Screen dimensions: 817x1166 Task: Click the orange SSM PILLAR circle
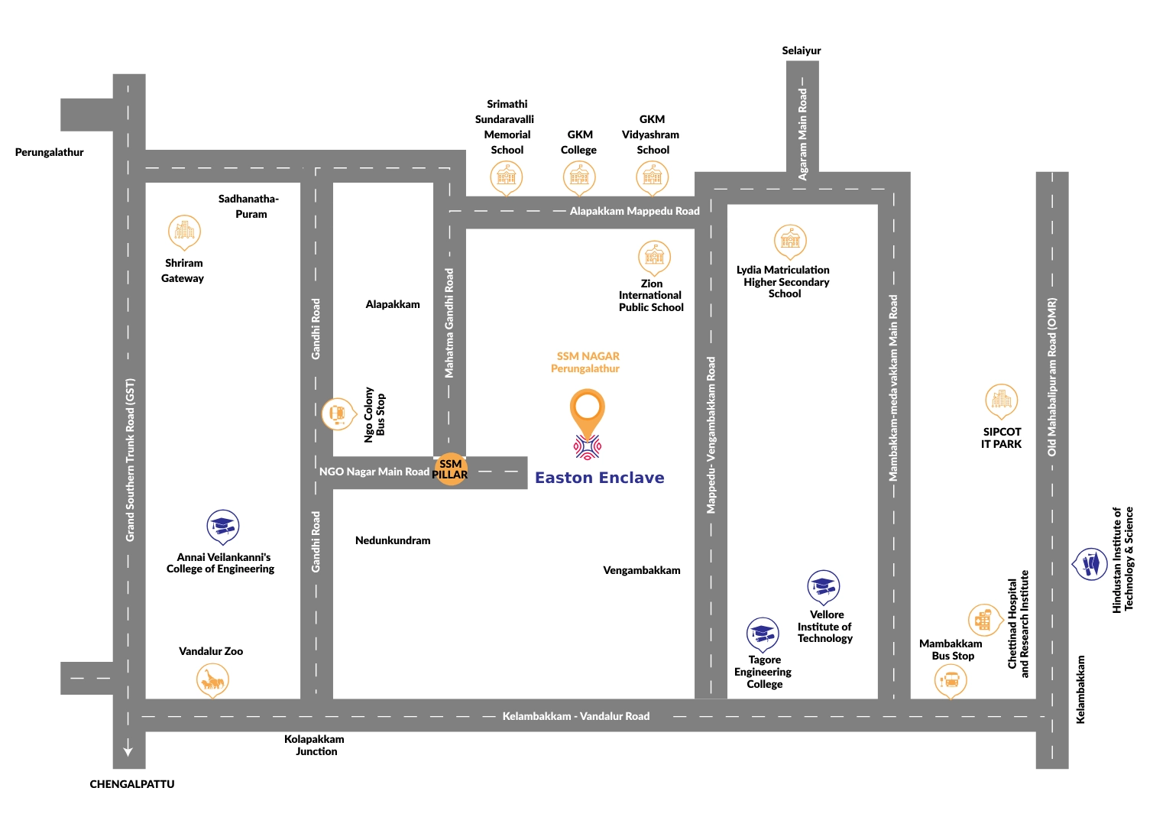pos(450,469)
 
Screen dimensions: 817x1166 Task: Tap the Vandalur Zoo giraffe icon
pos(212,679)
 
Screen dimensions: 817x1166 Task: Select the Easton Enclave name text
pos(600,478)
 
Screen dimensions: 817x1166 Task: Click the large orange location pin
pos(587,410)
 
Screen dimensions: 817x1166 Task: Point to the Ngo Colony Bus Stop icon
pos(337,414)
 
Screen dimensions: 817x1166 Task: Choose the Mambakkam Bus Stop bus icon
pos(951,679)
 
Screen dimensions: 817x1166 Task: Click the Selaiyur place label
pos(801,50)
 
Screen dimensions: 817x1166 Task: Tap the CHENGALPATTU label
pos(132,784)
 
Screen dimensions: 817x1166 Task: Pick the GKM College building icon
pos(579,177)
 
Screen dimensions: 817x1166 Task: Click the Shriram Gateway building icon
pos(184,231)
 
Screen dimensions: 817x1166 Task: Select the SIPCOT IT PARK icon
pos(1001,400)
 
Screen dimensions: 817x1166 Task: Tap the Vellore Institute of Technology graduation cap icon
pos(823,587)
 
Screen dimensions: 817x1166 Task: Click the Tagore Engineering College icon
pos(763,634)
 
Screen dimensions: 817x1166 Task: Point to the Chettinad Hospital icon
pos(984,620)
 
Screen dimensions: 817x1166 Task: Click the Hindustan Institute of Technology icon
pos(1090,565)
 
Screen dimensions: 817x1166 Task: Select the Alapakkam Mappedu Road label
pos(634,211)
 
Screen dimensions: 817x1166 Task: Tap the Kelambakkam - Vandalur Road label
pos(575,716)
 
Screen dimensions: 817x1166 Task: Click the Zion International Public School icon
pos(654,257)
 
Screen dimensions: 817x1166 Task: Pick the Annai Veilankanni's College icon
pos(223,527)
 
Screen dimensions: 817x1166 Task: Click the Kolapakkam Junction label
pos(315,745)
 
